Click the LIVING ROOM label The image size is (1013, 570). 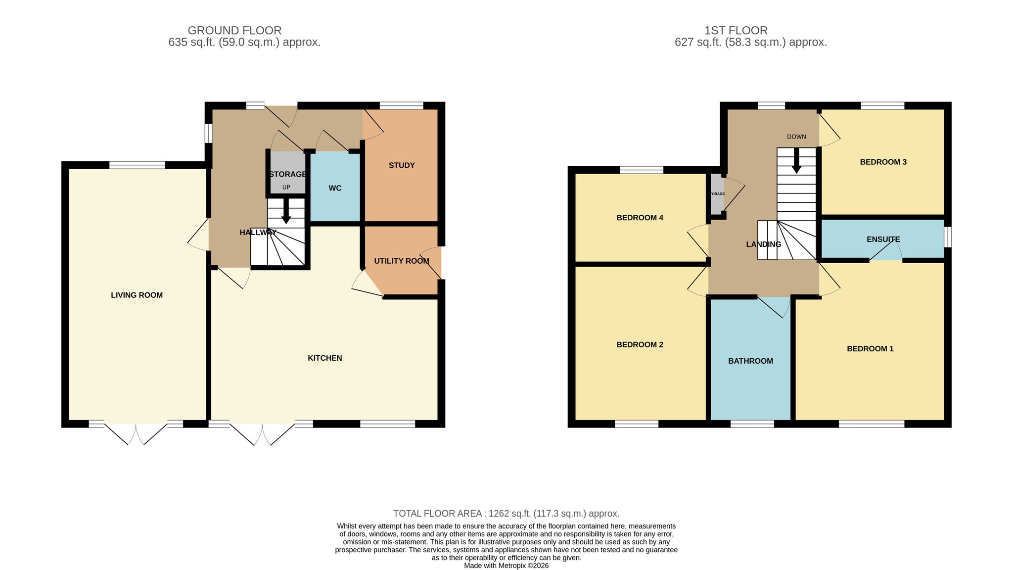coord(137,295)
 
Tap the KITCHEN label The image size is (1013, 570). coord(325,358)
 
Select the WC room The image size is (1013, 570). coord(335,188)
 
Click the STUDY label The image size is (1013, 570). coord(402,165)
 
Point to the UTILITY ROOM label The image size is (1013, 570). coord(402,261)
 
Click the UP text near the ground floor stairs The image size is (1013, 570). coord(286,188)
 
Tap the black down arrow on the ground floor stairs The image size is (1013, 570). coord(286,211)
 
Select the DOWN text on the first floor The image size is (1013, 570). coord(796,137)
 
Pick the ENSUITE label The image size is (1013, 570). coord(883,239)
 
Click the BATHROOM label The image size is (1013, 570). coord(750,361)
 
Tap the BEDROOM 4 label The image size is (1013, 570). coord(640,218)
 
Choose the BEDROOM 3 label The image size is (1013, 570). coord(883,162)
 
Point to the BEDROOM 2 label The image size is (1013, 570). coord(640,345)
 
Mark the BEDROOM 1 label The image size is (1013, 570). coord(870,349)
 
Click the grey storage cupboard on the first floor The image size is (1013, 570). coord(716,194)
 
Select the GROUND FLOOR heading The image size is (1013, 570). coord(234,31)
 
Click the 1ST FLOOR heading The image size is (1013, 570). coord(736,31)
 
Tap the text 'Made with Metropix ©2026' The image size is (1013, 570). coord(506,566)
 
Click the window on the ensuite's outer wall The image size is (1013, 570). coord(948,237)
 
